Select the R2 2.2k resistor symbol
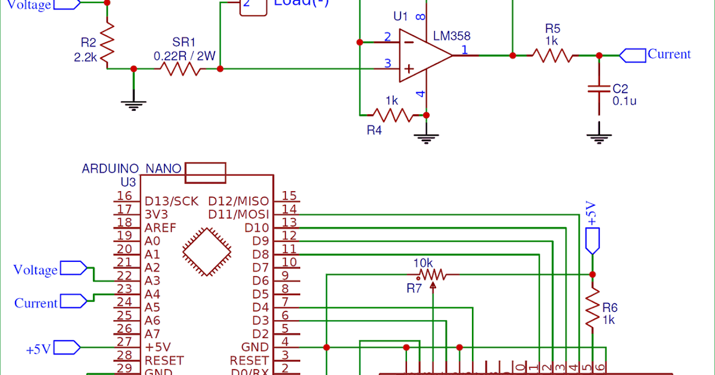[107, 45]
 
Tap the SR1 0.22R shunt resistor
[181, 69]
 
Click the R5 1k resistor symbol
[552, 55]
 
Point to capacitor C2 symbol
[599, 89]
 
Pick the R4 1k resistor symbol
[391, 114]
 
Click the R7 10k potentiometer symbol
[432, 275]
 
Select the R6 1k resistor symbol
[592, 308]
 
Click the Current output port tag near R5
[633, 55]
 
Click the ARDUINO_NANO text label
[131, 168]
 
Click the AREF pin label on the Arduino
[160, 228]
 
